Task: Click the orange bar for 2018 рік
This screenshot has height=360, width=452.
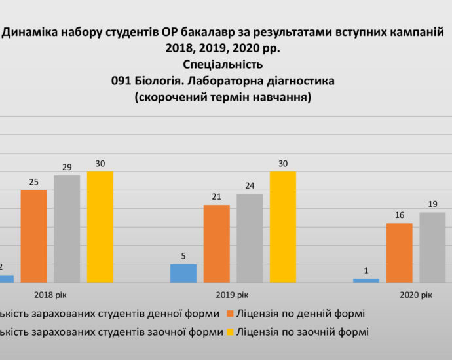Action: click(33, 236)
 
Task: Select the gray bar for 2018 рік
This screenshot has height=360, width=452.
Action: click(67, 229)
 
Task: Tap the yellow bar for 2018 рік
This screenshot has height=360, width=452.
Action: click(100, 227)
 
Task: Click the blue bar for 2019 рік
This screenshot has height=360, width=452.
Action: click(183, 273)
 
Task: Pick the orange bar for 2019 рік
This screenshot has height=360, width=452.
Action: click(216, 243)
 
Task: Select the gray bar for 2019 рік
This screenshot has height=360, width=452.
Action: click(250, 238)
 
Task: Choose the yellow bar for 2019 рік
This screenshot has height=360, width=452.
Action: click(283, 227)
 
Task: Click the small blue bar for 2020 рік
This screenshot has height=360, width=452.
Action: click(366, 281)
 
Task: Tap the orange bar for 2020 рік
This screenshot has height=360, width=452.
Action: click(399, 253)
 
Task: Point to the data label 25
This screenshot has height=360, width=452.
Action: click(33, 181)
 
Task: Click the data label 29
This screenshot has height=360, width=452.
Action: click(67, 167)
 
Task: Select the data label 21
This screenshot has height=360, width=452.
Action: click(216, 196)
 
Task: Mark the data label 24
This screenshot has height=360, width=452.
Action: click(250, 185)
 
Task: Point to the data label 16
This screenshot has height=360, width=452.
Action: click(399, 215)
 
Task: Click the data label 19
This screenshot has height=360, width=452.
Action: click(432, 204)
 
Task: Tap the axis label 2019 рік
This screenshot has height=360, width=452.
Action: click(233, 295)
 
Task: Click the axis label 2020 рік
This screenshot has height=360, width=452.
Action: click(416, 295)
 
